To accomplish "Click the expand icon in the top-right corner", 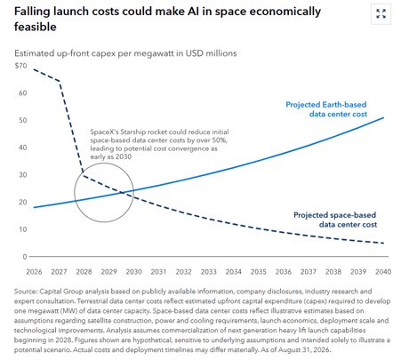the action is click(x=381, y=13).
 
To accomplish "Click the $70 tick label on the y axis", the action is click(x=20, y=66).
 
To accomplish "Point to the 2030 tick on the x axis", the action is click(x=133, y=272).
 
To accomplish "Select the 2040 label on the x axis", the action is click(x=383, y=272).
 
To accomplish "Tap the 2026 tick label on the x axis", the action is click(x=34, y=272).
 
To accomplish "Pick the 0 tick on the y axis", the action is click(x=25, y=257).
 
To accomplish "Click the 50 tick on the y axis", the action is click(x=23, y=120).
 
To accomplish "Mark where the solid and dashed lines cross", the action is click(x=122, y=193).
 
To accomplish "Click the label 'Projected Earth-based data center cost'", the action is click(x=326, y=109).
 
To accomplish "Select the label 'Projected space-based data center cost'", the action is click(x=335, y=220).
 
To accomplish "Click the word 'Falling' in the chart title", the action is click(x=32, y=12).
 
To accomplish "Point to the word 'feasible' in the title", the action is click(x=36, y=27).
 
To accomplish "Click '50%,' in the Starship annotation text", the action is click(x=220, y=140).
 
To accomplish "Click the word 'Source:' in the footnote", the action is click(x=26, y=292).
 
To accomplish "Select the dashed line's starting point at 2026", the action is click(x=34, y=69).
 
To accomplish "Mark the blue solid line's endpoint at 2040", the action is click(x=383, y=117).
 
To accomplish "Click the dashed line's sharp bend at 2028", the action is click(x=84, y=175).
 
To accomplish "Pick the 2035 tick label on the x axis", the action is click(x=259, y=272).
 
